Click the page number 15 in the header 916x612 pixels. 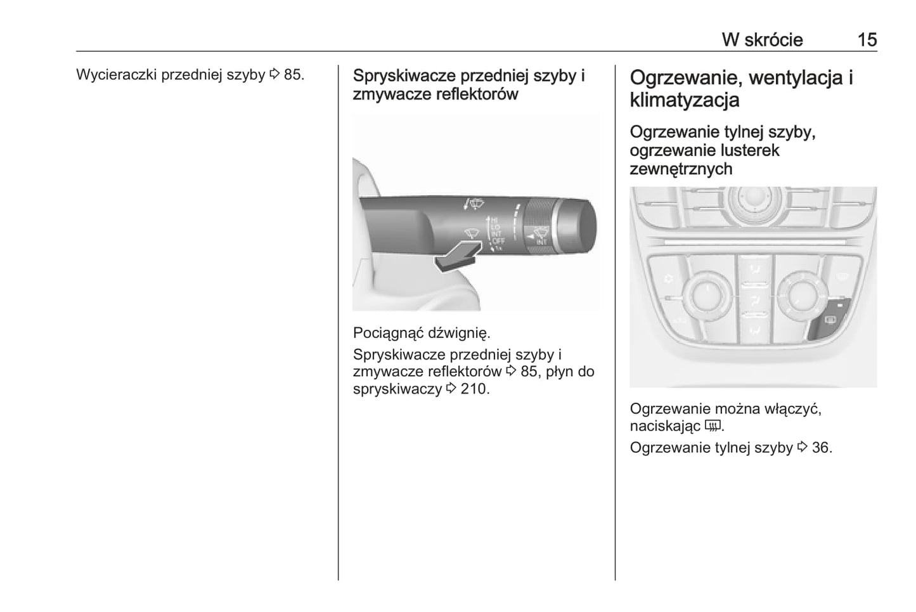tap(867, 40)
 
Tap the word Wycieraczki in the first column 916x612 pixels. tap(117, 75)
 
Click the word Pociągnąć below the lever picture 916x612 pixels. tap(388, 334)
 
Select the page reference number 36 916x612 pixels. tap(820, 448)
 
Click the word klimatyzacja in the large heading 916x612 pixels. tap(684, 100)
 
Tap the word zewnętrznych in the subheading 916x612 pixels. tap(681, 169)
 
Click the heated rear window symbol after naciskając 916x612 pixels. tap(713, 426)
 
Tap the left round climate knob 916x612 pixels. tap(706, 296)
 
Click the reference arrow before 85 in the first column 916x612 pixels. tap(274, 74)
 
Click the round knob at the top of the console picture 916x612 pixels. tap(755, 200)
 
